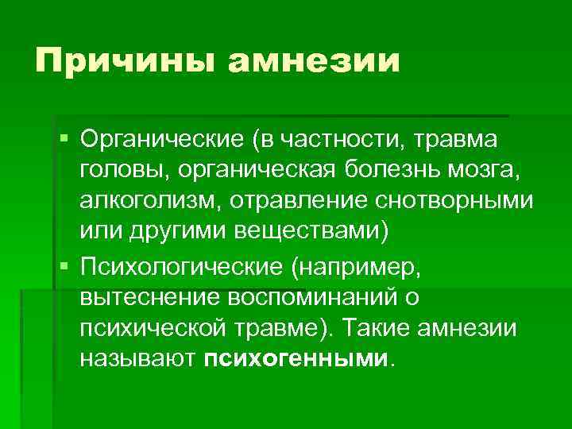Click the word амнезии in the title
point(315,61)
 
